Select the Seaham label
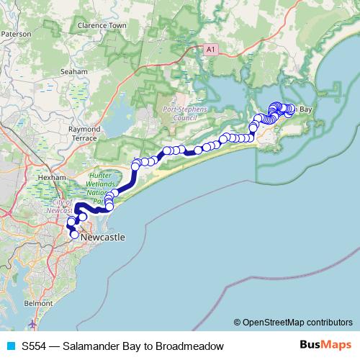pos(74,72)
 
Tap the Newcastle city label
pos(103,236)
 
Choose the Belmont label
pos(38,305)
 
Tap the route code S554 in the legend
pos(35,346)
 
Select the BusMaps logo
pos(325,346)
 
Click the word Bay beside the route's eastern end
pos(305,109)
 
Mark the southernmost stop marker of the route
pos(75,235)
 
